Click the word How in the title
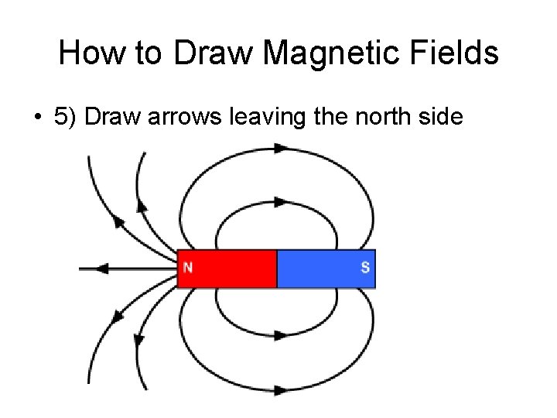tap(87, 53)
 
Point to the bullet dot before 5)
tap(36, 118)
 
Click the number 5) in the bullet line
tap(66, 117)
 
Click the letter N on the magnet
tap(188, 269)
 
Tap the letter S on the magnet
tap(365, 269)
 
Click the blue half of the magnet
tap(325, 269)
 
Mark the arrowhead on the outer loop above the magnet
tap(280, 148)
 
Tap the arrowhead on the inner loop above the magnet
tap(280, 202)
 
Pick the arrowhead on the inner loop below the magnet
tap(280, 335)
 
